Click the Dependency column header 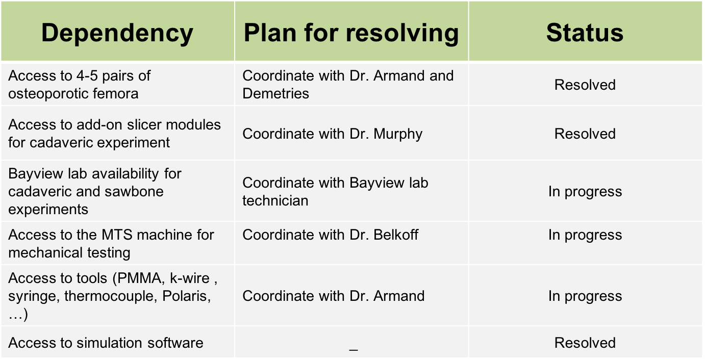click(117, 33)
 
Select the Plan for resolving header click(351, 33)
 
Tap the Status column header click(585, 33)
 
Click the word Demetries click(275, 94)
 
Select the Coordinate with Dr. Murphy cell click(332, 134)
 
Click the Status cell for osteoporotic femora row click(585, 85)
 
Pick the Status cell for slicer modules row click(585, 134)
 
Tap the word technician click(275, 201)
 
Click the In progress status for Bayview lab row click(585, 192)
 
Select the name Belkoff click(396, 235)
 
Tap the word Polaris click(186, 296)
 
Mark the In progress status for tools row click(585, 296)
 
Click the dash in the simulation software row click(354, 350)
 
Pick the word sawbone click(134, 192)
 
